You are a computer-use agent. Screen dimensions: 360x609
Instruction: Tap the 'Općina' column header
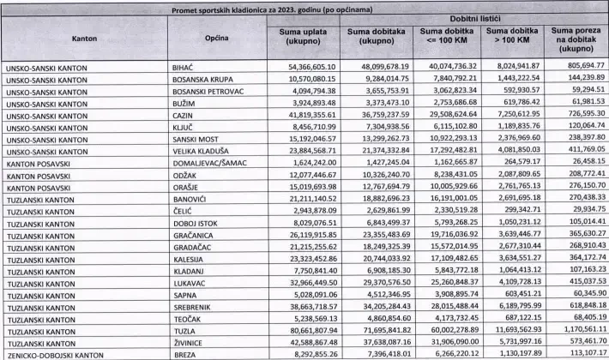(x=216, y=39)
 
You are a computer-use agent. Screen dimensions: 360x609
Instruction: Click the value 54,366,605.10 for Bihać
(x=311, y=66)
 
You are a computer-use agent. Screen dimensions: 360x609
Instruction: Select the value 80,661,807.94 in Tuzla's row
(x=311, y=329)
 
